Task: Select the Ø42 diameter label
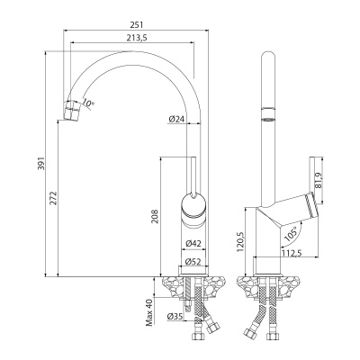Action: click(x=192, y=244)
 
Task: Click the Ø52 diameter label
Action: click(x=192, y=262)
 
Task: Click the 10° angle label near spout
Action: click(x=87, y=104)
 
